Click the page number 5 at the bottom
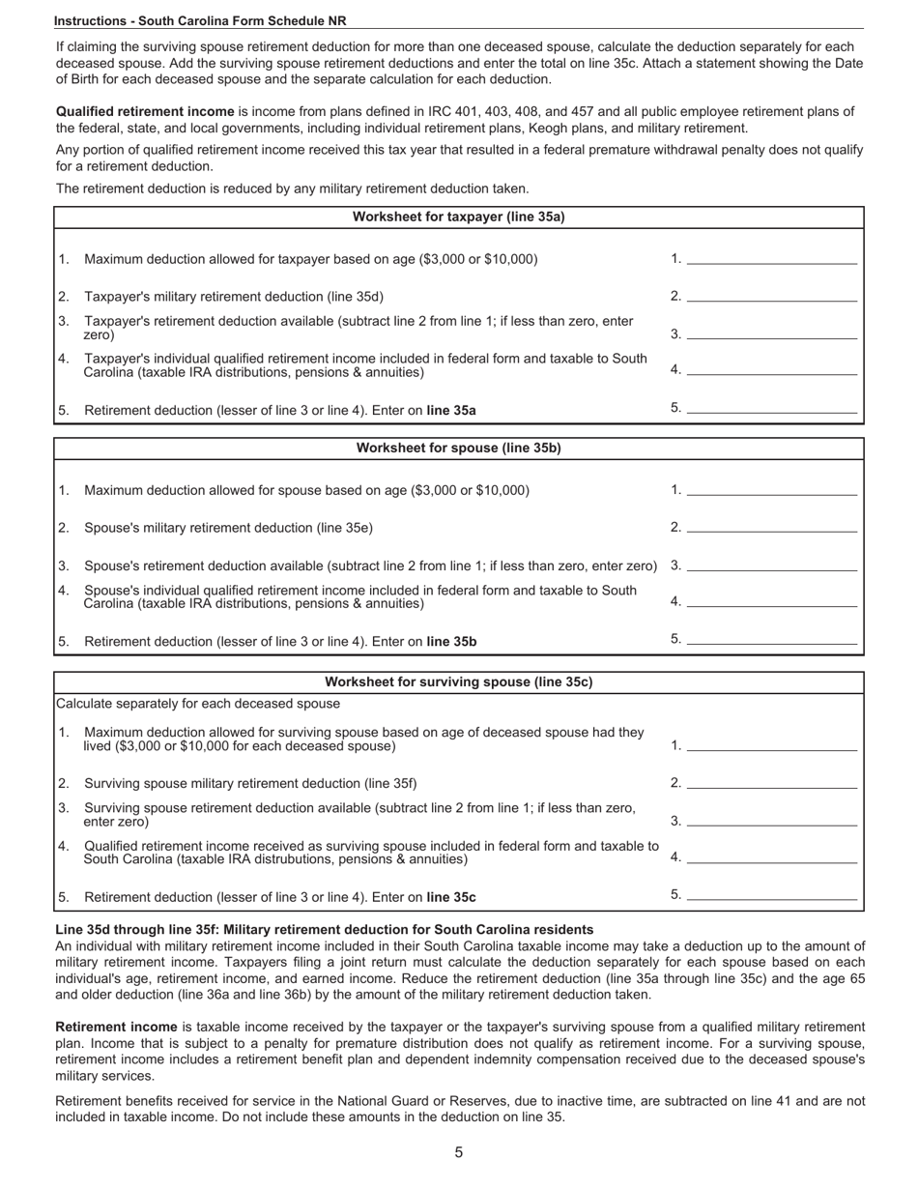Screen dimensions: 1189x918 pyautogui.click(x=459, y=1152)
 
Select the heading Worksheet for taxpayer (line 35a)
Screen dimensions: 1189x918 pyautogui.click(x=459, y=217)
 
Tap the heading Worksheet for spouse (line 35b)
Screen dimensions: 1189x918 pyautogui.click(x=459, y=449)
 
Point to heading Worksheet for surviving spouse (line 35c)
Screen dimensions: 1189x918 pyautogui.click(x=459, y=682)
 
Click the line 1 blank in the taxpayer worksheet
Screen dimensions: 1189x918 pyautogui.click(x=771, y=258)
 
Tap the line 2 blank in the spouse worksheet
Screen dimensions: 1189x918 pyautogui.click(x=771, y=527)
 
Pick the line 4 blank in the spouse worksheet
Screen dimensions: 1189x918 pyautogui.click(x=771, y=601)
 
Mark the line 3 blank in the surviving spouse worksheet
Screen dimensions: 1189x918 pyautogui.click(x=771, y=821)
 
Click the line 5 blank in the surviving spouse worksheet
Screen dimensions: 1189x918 pyautogui.click(x=771, y=895)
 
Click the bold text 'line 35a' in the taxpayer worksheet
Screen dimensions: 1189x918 pyautogui.click(x=451, y=411)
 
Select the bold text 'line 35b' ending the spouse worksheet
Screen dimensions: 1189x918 pyautogui.click(x=451, y=642)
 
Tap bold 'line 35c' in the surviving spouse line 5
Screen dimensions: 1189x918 pyautogui.click(x=451, y=897)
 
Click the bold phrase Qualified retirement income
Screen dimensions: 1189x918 pyautogui.click(x=145, y=112)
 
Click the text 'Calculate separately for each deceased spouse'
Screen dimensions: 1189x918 pyautogui.click(x=198, y=704)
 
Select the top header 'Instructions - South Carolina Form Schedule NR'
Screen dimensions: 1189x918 pyautogui.click(x=200, y=20)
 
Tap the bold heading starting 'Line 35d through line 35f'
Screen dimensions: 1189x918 pyautogui.click(x=325, y=930)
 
